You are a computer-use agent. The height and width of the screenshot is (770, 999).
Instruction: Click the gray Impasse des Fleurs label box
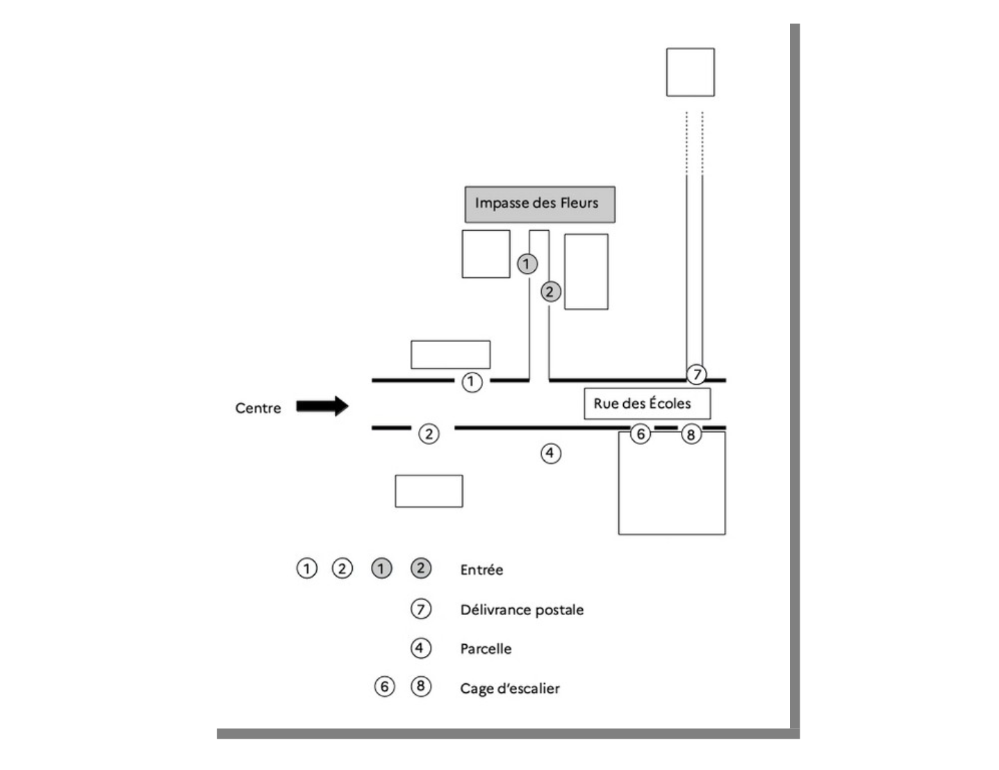(x=540, y=204)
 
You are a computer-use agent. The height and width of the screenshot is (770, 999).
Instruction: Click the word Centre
(x=258, y=408)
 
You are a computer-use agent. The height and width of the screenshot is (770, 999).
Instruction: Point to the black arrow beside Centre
(x=322, y=406)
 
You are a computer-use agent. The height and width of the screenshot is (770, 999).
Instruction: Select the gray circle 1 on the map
(x=527, y=264)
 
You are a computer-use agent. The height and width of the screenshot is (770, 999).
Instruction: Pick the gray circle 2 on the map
(x=550, y=292)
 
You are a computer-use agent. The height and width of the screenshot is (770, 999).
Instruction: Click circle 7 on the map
(x=696, y=375)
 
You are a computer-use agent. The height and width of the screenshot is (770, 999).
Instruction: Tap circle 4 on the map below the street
(x=551, y=454)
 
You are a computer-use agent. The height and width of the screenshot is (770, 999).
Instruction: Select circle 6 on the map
(x=640, y=434)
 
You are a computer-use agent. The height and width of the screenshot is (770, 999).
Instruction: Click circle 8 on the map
(x=691, y=435)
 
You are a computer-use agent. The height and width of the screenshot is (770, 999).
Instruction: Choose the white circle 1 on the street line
(x=472, y=382)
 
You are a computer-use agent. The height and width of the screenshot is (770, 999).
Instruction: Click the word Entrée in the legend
(x=481, y=570)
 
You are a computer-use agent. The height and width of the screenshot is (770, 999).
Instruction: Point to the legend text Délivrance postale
(x=522, y=610)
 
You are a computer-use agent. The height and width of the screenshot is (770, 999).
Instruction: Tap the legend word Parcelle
(x=486, y=649)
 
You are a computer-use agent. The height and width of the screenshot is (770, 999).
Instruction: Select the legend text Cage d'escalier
(x=510, y=689)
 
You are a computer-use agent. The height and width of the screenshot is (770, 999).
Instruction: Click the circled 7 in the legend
(x=421, y=609)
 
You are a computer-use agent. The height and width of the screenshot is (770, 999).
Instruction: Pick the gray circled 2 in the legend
(x=421, y=568)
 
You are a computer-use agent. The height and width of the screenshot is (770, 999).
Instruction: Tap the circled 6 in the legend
(x=385, y=687)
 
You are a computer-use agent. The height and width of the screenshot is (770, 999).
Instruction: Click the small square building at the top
(x=691, y=72)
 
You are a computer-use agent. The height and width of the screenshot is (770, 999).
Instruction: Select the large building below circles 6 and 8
(x=672, y=486)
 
